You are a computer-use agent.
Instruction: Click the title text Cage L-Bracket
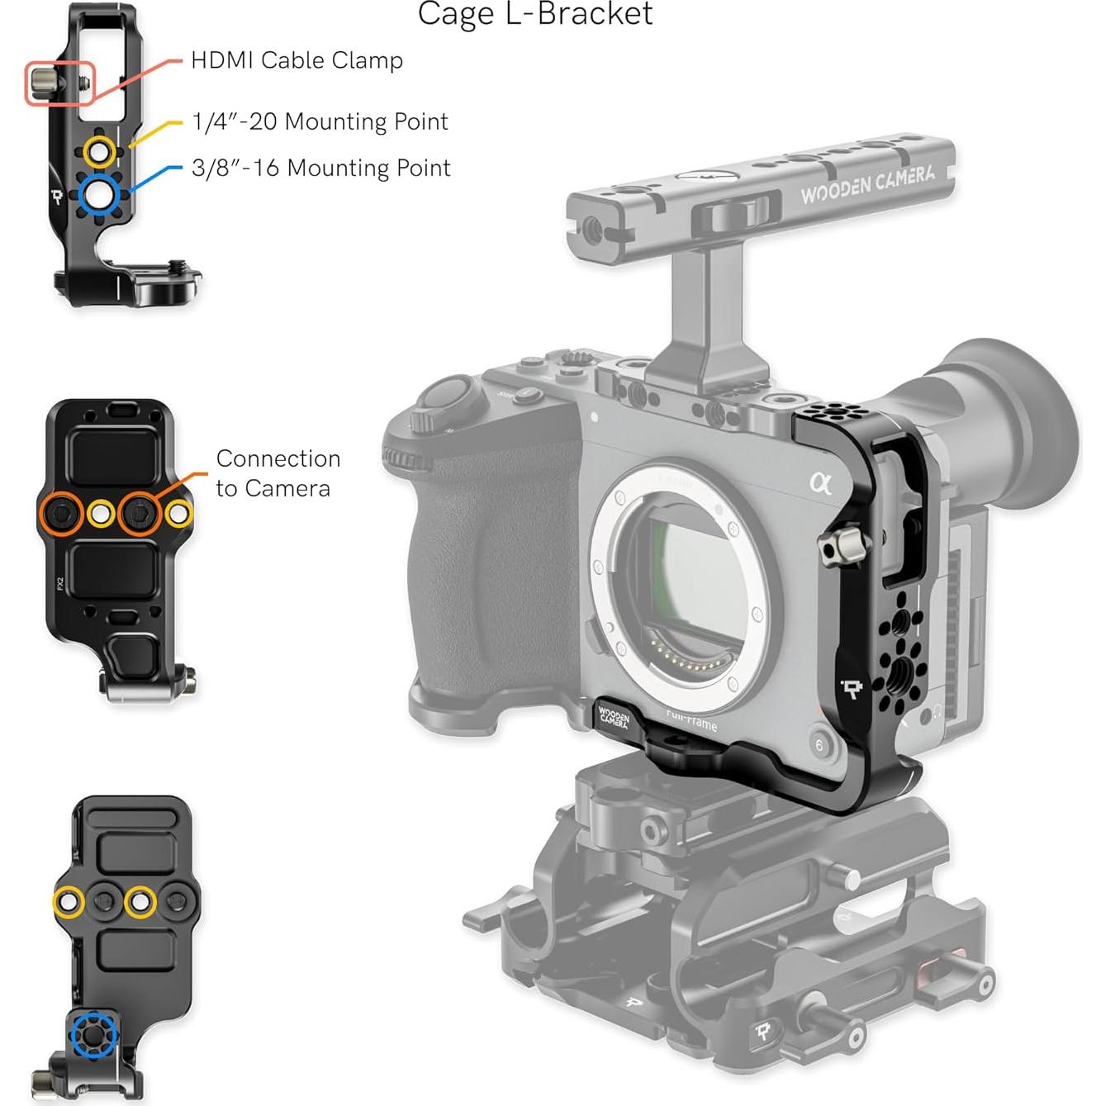pos(535,14)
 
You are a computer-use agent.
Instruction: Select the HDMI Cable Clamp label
pos(297,60)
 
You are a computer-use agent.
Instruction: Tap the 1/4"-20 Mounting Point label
pos(320,122)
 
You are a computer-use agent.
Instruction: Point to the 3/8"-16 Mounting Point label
pos(320,169)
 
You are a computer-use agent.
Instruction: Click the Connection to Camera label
pos(278,473)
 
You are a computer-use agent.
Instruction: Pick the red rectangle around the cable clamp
pos(60,83)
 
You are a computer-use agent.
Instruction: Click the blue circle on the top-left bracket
pos(100,194)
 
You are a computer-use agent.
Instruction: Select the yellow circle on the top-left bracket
pos(100,152)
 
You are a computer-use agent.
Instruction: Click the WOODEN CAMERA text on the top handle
pos(867,184)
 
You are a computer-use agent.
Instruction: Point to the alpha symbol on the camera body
pos(820,482)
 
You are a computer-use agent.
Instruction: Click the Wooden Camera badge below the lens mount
pos(614,717)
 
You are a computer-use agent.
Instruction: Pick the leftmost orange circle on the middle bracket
pos(61,514)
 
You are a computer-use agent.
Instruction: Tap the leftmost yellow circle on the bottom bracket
pos(69,901)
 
